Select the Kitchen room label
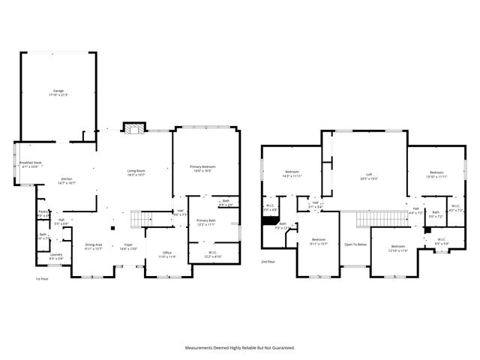pyautogui.click(x=66, y=179)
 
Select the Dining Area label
pyautogui.click(x=93, y=244)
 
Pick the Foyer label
pyautogui.click(x=128, y=244)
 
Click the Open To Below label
pyautogui.click(x=355, y=244)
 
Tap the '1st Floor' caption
pyautogui.click(x=42, y=278)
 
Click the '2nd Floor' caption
pyautogui.click(x=268, y=262)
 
